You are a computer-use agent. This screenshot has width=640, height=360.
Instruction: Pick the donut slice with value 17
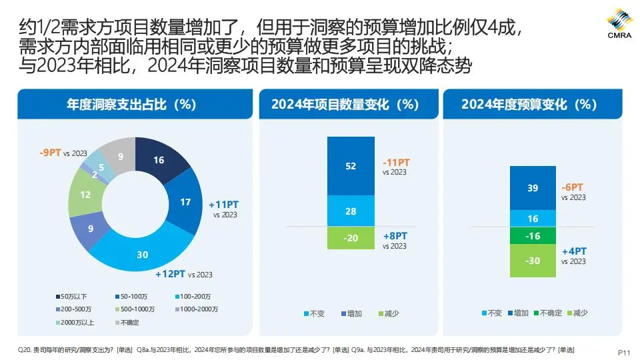185,202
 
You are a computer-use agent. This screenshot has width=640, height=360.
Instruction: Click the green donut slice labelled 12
85,195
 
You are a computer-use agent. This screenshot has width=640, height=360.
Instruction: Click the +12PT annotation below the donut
170,274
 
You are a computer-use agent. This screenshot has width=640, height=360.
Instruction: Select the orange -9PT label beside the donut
51,153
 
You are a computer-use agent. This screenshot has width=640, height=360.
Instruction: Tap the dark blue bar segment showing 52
351,166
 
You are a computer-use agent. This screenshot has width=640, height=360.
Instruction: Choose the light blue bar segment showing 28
351,211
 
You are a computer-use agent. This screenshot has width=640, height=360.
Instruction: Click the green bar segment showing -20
351,238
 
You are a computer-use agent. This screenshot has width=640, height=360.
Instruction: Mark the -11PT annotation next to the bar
396,163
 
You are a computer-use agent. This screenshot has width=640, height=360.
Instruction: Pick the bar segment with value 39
533,188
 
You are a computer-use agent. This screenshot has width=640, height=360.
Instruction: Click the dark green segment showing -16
533,236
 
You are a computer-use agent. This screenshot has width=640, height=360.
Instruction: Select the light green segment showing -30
533,261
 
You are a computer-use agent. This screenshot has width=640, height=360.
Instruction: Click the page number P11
624,351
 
